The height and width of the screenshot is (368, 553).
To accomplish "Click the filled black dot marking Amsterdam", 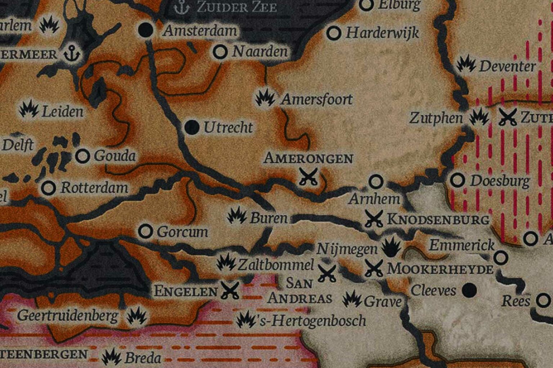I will point(146,30).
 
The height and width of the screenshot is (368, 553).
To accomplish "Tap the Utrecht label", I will point(228,128).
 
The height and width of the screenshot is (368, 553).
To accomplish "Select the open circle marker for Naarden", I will point(220,52).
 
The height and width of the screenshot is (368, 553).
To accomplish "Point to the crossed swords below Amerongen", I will point(309,176).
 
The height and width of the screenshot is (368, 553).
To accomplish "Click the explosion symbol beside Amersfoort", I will point(265,97).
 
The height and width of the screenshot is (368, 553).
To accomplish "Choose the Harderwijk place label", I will point(382,33).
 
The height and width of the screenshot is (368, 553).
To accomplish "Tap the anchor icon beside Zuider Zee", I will point(181,8).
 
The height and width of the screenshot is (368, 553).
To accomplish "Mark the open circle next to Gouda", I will point(83,156).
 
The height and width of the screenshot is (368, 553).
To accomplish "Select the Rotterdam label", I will point(94,188).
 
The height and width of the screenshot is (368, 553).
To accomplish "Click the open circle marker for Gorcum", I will point(145,231).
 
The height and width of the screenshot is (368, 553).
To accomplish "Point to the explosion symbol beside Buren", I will point(237,216).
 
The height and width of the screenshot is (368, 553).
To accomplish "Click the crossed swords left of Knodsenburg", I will point(374,218).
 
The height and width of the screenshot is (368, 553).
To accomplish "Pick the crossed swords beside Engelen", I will point(230,290).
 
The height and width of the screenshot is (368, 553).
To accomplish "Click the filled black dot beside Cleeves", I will point(469,290).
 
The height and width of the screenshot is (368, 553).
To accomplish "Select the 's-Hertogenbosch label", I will point(312,321).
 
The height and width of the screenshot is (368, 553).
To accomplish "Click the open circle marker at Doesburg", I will point(458,180).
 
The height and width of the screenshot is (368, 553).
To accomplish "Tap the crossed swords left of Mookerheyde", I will point(374,268).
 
